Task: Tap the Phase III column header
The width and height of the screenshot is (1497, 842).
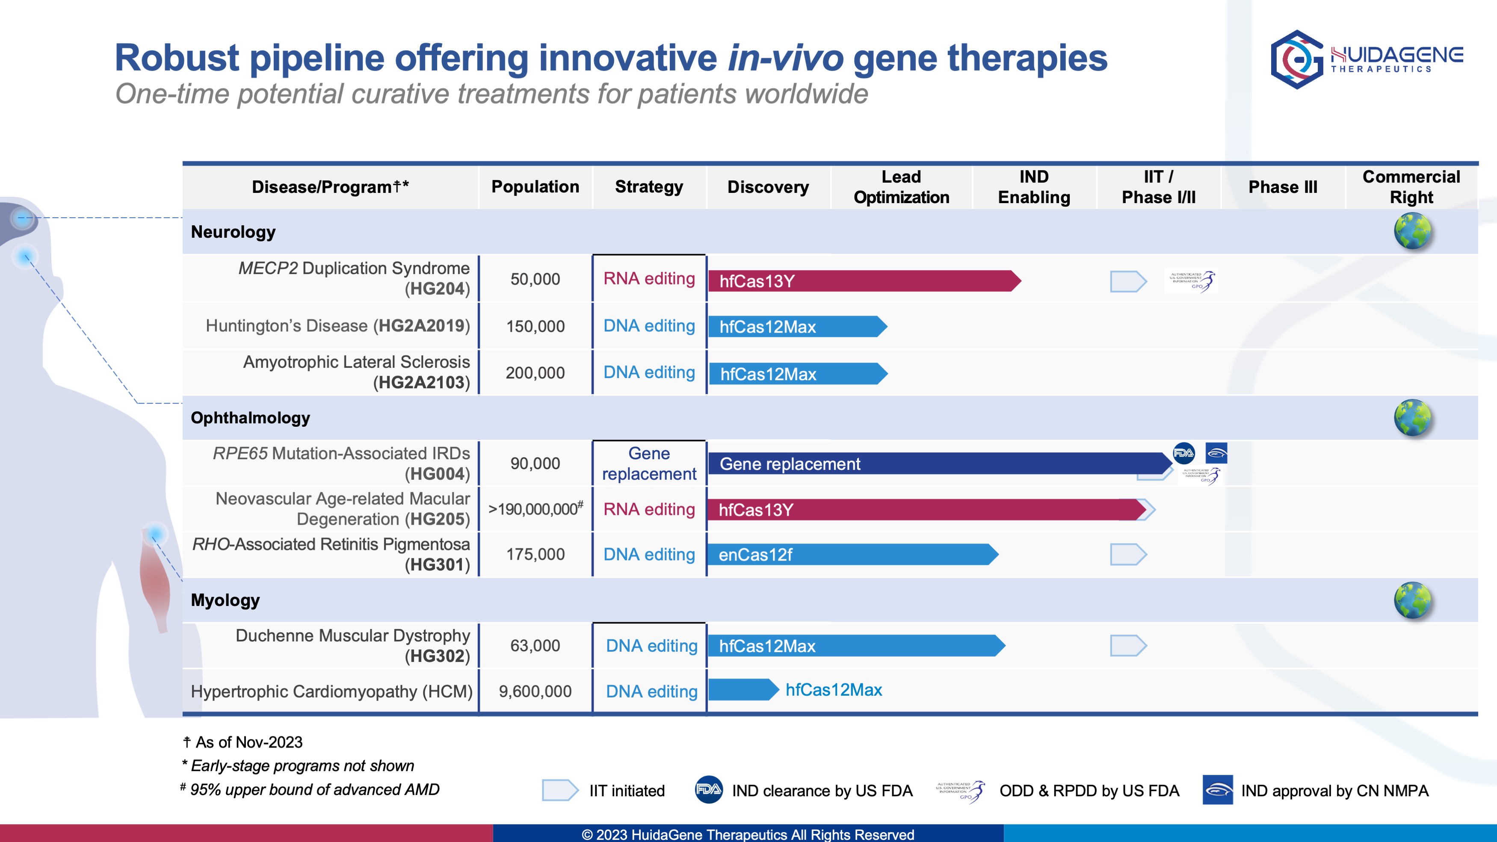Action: pos(1283,187)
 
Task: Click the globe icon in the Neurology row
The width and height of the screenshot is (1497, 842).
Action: pos(1412,230)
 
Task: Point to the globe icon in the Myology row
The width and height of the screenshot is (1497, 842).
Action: pos(1412,600)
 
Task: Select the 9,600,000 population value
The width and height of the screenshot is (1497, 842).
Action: pos(535,691)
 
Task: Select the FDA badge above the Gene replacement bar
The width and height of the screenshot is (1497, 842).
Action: pos(1183,453)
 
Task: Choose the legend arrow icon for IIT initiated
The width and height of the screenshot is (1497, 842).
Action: pos(559,790)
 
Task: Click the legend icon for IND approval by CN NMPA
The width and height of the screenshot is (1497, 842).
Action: pos(1217,790)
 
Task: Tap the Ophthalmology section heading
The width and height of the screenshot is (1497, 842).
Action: pos(251,418)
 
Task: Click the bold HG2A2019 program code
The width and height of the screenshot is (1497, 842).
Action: pos(421,325)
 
